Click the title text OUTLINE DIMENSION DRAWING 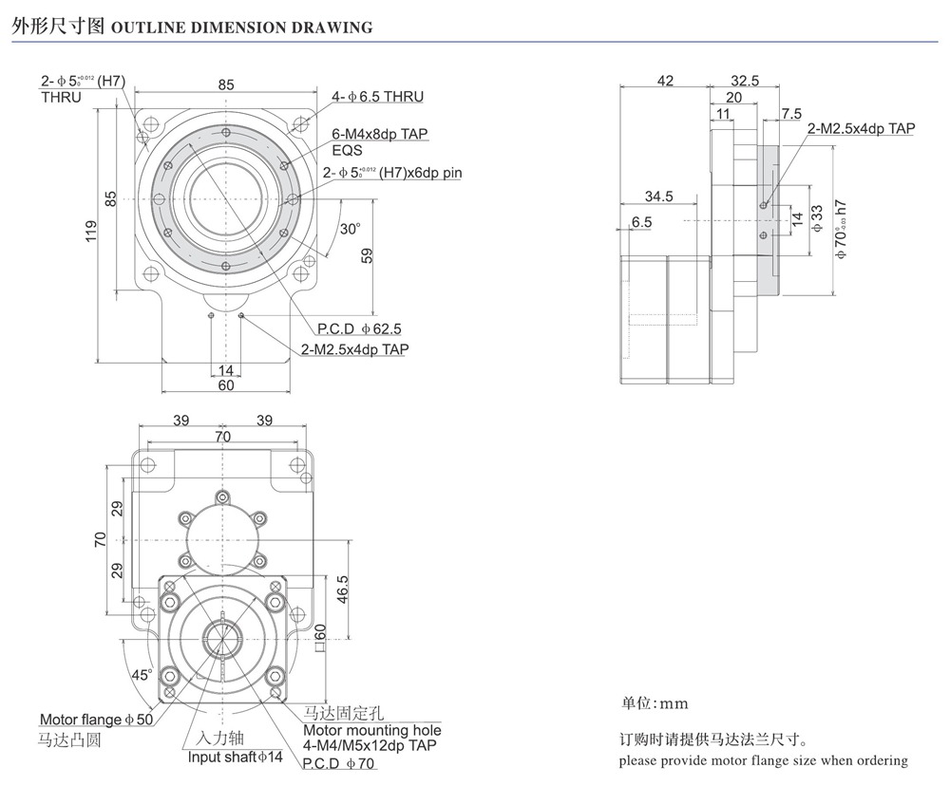242,28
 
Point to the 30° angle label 351,229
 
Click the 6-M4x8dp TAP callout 379,135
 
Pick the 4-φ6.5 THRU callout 377,97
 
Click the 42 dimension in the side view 665,82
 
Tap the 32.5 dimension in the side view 745,82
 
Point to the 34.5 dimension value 657,196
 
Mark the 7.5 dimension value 790,114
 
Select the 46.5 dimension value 343,589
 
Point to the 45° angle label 141,675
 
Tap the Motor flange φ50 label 96,720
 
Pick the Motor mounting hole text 371,731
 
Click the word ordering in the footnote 879,760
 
